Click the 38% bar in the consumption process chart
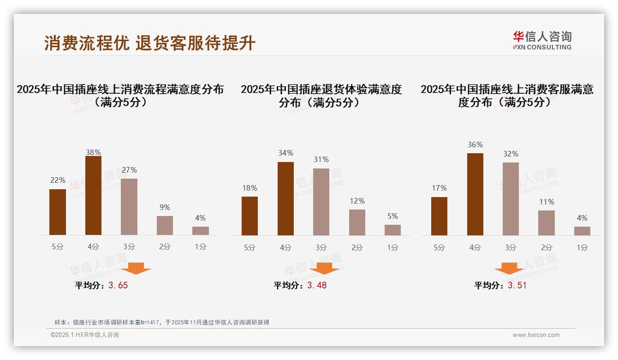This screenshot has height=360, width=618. [x=93, y=196]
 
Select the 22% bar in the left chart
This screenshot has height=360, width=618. [x=58, y=212]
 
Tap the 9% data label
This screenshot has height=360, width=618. [x=165, y=208]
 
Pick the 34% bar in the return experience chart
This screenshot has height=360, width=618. [x=285, y=198]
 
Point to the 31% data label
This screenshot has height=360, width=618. [x=321, y=160]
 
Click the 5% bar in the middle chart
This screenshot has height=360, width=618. [x=392, y=230]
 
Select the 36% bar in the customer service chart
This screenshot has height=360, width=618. [x=475, y=194]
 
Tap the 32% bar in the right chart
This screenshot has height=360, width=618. [x=511, y=199]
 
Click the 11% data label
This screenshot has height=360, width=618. [x=547, y=202]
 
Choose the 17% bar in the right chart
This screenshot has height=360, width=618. [x=439, y=216]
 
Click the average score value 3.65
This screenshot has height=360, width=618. [x=118, y=286]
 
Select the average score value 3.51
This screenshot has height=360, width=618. [x=517, y=286]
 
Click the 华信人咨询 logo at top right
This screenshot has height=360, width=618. [x=542, y=40]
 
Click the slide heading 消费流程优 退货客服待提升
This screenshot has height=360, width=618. [x=150, y=43]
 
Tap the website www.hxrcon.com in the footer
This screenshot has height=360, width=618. [x=536, y=335]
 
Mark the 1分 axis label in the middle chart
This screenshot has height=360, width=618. [x=392, y=248]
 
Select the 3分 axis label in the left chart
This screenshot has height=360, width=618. [x=129, y=247]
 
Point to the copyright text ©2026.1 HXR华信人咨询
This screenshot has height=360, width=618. [x=85, y=335]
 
